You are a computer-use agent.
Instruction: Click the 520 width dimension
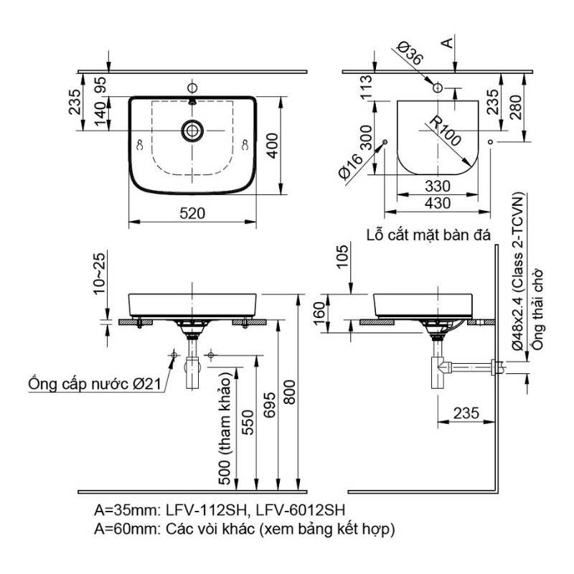(x=192, y=213)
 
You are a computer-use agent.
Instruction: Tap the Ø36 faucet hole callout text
(x=410, y=53)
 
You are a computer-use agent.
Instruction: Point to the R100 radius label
(x=444, y=131)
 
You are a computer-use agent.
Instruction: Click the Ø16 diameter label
(x=350, y=166)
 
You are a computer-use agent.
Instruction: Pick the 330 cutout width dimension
(x=438, y=187)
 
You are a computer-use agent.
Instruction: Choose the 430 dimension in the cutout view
(x=438, y=203)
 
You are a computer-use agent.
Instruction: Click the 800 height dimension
(x=289, y=392)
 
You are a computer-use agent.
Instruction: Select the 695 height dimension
(x=270, y=405)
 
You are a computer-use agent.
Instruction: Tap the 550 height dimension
(x=248, y=423)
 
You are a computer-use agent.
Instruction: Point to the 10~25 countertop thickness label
(x=99, y=273)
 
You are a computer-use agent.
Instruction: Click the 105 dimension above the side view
(x=342, y=256)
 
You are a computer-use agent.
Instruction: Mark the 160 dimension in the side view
(x=319, y=313)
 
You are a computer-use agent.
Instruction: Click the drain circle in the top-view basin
(x=192, y=130)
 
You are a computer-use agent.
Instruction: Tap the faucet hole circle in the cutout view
(x=438, y=88)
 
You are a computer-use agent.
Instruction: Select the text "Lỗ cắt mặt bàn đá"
(x=428, y=235)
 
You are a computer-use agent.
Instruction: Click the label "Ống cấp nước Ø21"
(x=95, y=384)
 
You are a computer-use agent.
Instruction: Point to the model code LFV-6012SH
(x=300, y=509)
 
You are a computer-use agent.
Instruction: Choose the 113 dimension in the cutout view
(x=366, y=86)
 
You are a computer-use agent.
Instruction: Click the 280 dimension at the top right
(x=515, y=107)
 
